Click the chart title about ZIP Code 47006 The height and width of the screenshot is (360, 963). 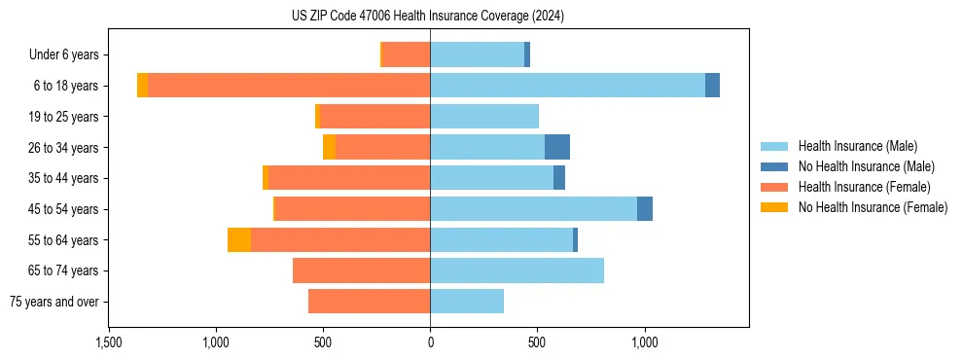[428, 17]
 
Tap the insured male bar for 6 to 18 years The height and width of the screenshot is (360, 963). [567, 86]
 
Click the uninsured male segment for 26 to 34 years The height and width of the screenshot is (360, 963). [556, 147]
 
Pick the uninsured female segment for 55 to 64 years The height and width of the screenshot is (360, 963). [239, 239]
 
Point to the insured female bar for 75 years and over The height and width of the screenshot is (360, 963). [369, 302]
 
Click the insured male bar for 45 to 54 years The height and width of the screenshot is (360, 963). [533, 209]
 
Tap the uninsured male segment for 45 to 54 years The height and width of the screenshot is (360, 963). [645, 209]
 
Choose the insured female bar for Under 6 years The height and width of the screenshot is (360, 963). [407, 54]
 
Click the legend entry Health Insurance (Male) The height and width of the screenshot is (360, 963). [857, 146]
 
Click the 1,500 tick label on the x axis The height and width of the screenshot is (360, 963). [108, 342]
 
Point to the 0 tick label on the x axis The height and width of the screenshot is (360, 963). [430, 342]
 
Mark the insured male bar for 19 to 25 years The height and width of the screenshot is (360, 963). [484, 117]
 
